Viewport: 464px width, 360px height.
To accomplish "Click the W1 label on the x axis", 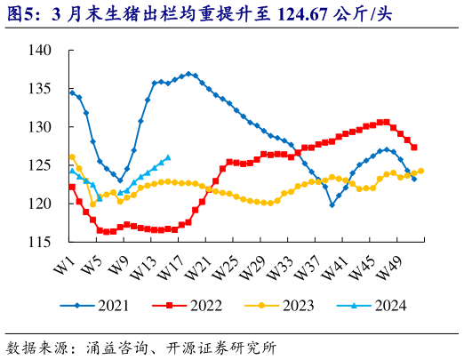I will click(x=64, y=263).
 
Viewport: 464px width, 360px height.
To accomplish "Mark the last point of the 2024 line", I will click(x=168, y=157).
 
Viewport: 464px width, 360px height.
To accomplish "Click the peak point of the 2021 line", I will click(x=188, y=74).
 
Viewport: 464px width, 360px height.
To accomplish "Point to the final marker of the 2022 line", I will click(x=414, y=148).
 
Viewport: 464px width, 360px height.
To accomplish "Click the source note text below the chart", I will click(x=141, y=345).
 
